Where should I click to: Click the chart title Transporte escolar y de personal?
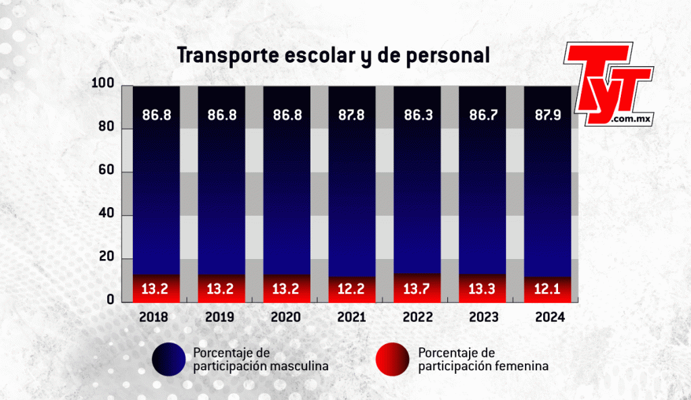(333, 56)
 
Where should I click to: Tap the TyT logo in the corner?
(609, 83)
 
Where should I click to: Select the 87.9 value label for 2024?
(549, 115)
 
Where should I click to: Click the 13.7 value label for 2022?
(417, 291)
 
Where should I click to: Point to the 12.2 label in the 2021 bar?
(352, 291)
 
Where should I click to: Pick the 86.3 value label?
(417, 115)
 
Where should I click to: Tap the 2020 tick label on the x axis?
(287, 317)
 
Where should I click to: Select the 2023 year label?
(482, 317)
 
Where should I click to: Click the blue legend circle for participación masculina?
(169, 359)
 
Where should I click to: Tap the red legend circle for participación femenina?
(392, 359)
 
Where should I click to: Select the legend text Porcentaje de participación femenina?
(482, 359)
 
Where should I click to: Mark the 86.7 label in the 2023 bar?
(482, 115)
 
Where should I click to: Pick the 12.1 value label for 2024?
(549, 291)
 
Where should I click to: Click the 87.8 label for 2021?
(352, 115)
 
